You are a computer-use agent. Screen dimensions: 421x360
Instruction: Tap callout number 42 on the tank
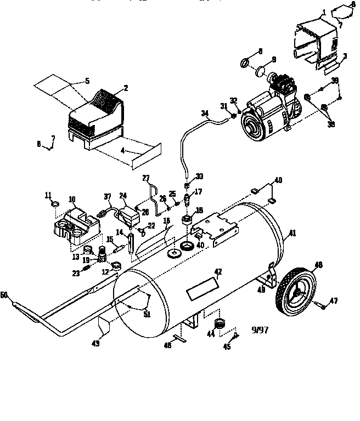[x=218, y=272]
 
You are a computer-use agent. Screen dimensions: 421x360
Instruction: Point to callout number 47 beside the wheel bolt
[x=333, y=301]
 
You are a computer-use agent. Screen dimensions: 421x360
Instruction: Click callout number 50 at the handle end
[x=4, y=295]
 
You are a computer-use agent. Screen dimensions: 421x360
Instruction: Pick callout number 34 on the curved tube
[x=205, y=113]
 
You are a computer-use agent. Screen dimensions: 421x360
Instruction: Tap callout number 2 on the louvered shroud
[x=126, y=88]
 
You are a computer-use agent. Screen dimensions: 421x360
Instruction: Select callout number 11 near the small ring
[x=48, y=195]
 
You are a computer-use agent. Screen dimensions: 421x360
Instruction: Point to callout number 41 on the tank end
[x=292, y=232]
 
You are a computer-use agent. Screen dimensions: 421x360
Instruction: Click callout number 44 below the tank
[x=210, y=334]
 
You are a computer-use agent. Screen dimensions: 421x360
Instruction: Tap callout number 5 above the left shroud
[x=87, y=82]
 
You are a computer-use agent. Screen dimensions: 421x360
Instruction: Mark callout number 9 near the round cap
[x=273, y=59]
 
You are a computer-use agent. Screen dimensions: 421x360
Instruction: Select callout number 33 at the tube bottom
[x=200, y=176]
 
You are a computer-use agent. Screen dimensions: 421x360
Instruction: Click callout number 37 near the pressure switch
[x=107, y=197]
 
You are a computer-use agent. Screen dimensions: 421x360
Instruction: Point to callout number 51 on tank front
[x=147, y=314]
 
